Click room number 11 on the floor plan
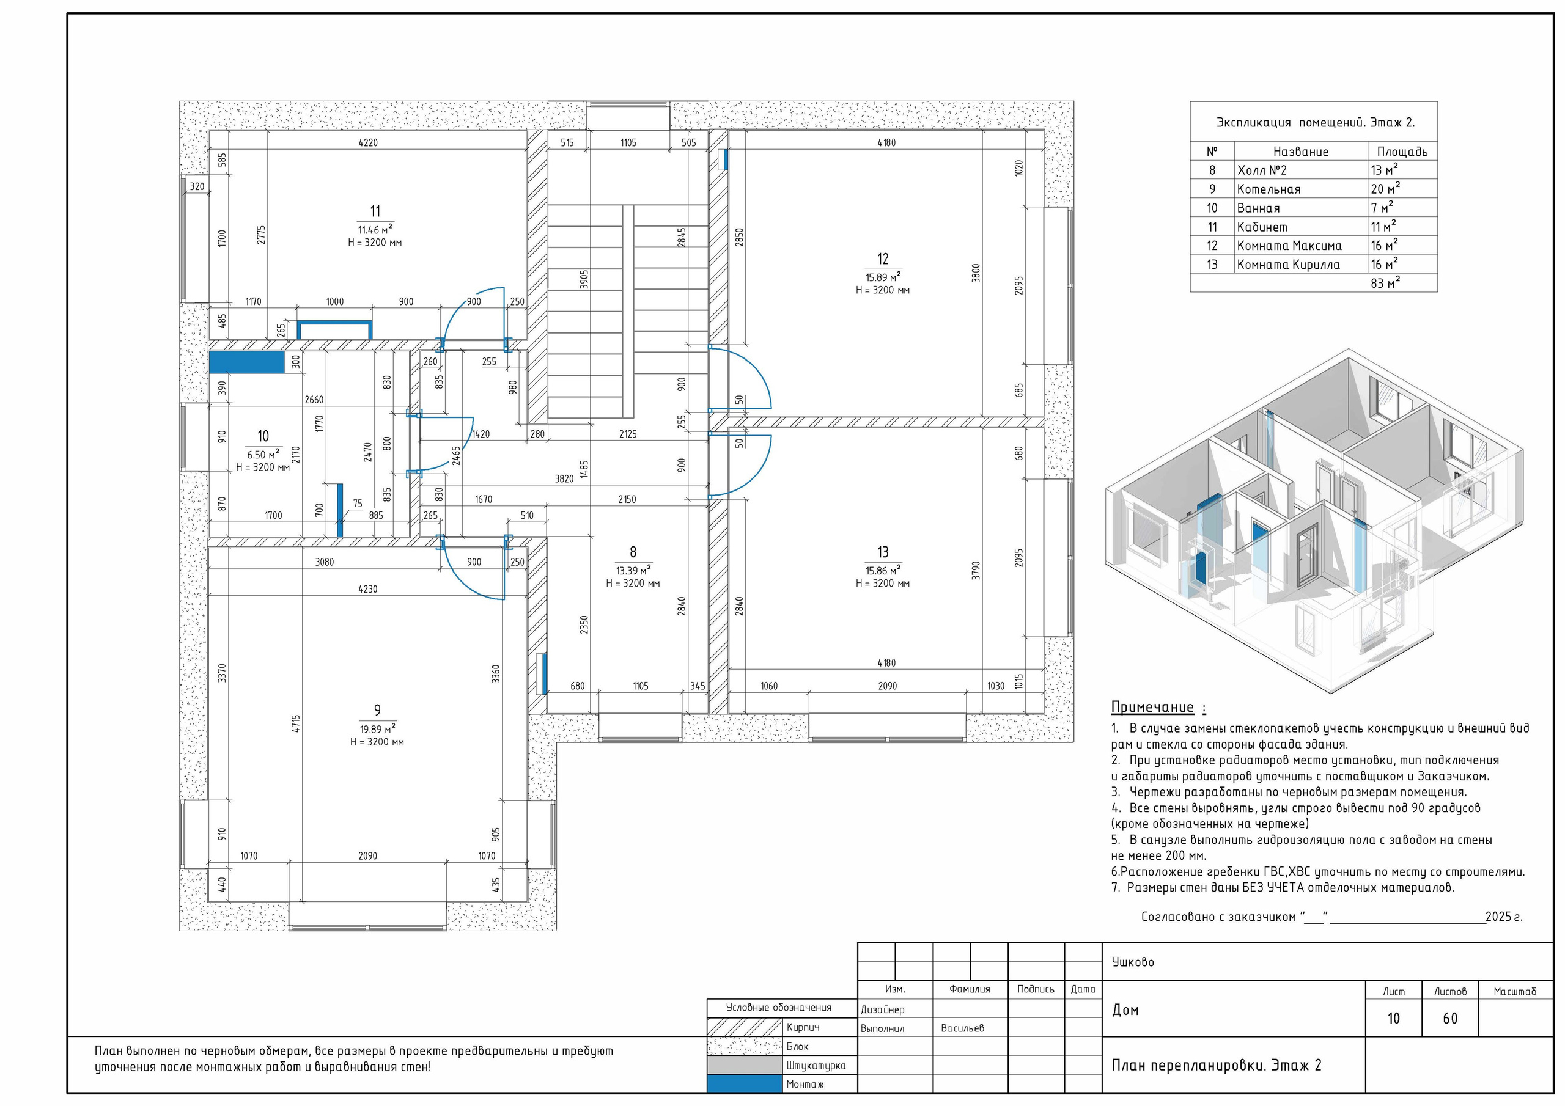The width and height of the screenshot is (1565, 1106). tap(375, 211)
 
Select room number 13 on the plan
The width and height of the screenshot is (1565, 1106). tap(883, 552)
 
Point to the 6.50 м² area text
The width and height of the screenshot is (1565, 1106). tap(263, 455)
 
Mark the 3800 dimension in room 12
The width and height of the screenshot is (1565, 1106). tap(976, 273)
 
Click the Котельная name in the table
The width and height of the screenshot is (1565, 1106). tap(1269, 189)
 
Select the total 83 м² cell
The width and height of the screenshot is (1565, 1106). tap(1385, 283)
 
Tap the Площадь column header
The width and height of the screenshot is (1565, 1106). tap(1402, 152)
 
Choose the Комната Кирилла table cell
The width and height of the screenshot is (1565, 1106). tap(1288, 265)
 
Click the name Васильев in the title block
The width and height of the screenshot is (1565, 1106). tap(962, 1028)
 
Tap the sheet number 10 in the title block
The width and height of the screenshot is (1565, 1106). tap(1393, 1018)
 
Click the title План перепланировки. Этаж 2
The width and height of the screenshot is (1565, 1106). tap(1217, 1065)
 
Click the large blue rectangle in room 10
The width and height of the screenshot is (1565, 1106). tap(246, 362)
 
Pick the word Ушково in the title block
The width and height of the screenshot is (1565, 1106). tap(1133, 962)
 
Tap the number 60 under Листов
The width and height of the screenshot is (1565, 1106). tap(1450, 1018)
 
